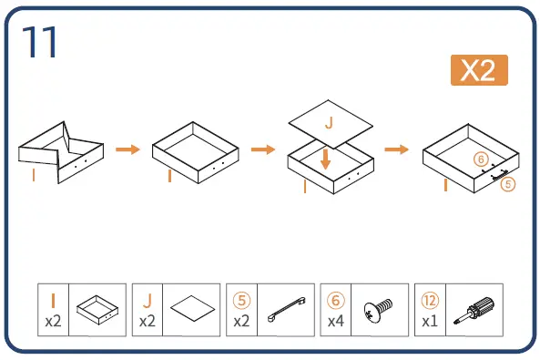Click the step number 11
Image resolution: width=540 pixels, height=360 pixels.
point(39,42)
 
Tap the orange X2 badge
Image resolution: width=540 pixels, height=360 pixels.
point(479,70)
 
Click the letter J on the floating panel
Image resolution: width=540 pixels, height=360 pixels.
point(330,123)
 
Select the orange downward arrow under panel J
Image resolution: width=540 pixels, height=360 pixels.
point(325,159)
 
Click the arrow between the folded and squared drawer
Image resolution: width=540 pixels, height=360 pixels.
point(127,149)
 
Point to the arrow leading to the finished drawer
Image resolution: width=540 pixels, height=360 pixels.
point(396,149)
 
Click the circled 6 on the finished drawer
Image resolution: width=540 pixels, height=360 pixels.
point(481,159)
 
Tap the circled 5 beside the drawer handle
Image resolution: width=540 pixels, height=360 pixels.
point(508,184)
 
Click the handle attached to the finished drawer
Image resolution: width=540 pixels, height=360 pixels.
point(500,175)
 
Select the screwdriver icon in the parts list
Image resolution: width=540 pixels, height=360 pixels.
point(474,310)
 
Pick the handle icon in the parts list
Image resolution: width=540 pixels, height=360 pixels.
point(287,309)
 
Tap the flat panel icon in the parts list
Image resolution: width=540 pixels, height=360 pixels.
point(192,308)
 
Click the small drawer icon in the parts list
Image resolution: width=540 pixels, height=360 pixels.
point(97,310)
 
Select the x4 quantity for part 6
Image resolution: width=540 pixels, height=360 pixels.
point(336,322)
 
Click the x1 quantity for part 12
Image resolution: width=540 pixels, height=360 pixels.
point(430,322)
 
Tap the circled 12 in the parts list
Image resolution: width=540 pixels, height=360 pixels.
point(430,301)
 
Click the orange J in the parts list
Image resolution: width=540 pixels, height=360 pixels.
point(148,300)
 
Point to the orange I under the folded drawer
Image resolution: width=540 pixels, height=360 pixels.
point(34,175)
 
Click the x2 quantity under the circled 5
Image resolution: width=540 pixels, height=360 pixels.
point(241,322)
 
